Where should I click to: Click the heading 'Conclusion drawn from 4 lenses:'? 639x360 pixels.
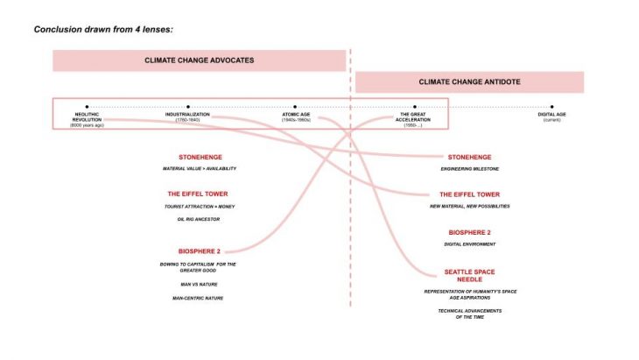click(103, 29)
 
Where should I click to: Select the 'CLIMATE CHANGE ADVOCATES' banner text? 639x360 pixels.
click(200, 60)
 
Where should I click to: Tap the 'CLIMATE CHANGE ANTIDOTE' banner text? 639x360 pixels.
click(468, 81)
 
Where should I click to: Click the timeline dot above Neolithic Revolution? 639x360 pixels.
click(87, 106)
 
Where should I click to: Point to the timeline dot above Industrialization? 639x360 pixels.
click(187, 106)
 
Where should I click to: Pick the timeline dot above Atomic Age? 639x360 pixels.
click(295, 106)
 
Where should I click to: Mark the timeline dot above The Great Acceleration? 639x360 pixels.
click(413, 106)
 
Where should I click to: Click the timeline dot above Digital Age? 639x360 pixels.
click(551, 106)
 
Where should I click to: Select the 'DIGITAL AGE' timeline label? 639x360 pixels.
click(551, 115)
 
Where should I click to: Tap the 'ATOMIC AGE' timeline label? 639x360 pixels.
click(295, 115)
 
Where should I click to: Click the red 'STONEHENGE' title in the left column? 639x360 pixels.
click(200, 157)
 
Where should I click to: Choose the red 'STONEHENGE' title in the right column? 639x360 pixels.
click(469, 157)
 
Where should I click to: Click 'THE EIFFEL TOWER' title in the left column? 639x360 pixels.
click(200, 194)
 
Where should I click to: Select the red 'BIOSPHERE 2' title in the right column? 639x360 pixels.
click(469, 232)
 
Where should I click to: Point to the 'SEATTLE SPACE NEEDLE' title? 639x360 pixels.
click(469, 276)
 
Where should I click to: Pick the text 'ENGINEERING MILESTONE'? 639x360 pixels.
click(469, 169)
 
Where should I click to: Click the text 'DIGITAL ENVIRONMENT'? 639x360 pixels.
click(469, 244)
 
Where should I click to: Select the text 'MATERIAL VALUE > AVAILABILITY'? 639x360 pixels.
click(200, 169)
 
